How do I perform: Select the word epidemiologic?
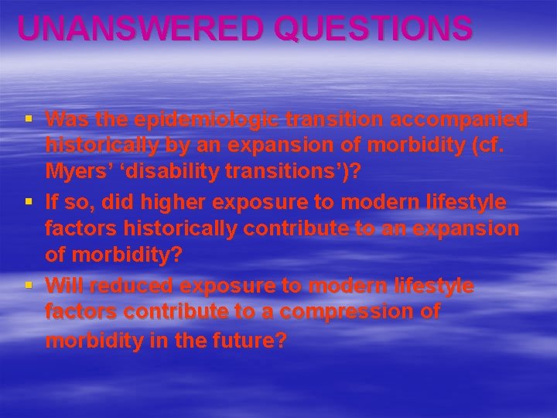pos(207,121)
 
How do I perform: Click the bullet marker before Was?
pos(28,120)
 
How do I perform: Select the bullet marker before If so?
pos(28,203)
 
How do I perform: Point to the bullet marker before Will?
pos(28,285)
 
